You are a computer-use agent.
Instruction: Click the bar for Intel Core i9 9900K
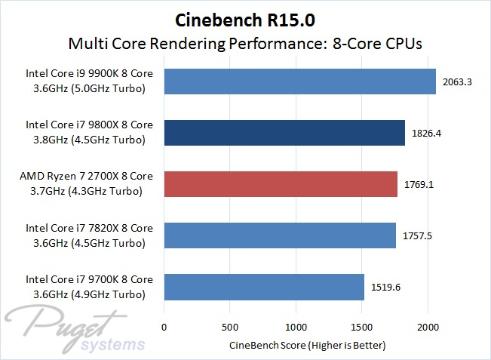(300, 82)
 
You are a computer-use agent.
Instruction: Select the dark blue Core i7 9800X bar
(284, 133)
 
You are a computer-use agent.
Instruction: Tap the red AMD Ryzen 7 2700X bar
(281, 183)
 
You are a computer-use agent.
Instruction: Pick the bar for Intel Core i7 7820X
(280, 235)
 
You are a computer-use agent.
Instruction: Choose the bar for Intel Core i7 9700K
(264, 287)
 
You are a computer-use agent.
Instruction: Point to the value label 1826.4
(426, 133)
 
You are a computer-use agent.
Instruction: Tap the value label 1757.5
(417, 235)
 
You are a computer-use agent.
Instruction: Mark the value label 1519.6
(386, 287)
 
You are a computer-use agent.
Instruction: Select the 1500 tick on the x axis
(362, 328)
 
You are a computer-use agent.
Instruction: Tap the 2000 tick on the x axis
(428, 328)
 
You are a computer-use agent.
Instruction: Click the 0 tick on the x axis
(164, 328)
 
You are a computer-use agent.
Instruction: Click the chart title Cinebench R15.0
(245, 17)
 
